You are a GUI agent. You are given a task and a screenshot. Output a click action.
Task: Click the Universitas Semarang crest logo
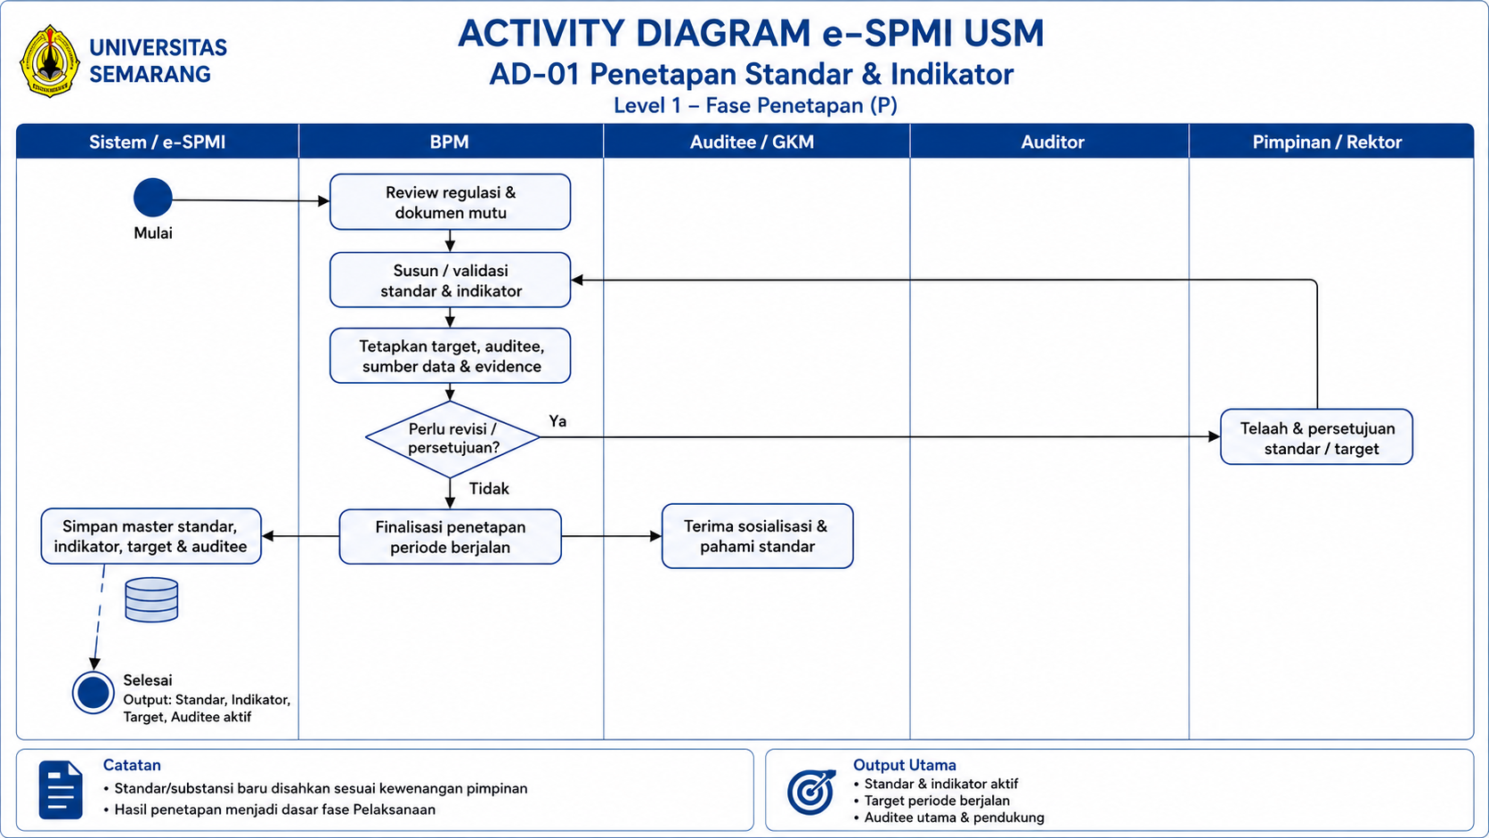(x=49, y=61)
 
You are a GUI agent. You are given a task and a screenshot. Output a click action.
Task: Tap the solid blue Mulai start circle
(x=153, y=198)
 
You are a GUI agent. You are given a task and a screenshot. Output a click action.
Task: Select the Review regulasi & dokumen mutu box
(x=450, y=202)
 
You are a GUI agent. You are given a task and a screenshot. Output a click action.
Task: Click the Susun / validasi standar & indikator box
(x=450, y=280)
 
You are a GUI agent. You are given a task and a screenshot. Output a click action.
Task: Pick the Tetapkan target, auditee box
(x=450, y=355)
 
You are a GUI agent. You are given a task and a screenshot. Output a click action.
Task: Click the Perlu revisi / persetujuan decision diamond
(x=452, y=439)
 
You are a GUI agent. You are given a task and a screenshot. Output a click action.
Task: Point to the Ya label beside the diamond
(x=557, y=421)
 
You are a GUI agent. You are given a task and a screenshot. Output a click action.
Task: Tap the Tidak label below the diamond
(x=489, y=488)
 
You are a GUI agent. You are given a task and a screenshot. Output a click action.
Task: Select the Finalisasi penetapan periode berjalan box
(x=450, y=537)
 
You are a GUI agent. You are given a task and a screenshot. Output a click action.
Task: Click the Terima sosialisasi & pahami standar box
(x=757, y=536)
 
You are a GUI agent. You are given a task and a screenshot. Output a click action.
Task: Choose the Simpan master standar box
(x=151, y=536)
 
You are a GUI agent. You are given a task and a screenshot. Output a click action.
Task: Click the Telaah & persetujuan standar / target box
(x=1316, y=436)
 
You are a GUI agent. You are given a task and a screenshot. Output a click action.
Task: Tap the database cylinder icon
(x=151, y=599)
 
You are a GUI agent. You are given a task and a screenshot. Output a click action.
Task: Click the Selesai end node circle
(x=93, y=693)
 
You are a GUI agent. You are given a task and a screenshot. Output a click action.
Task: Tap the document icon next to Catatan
(x=61, y=790)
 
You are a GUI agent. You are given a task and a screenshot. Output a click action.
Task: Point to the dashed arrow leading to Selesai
(x=99, y=617)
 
